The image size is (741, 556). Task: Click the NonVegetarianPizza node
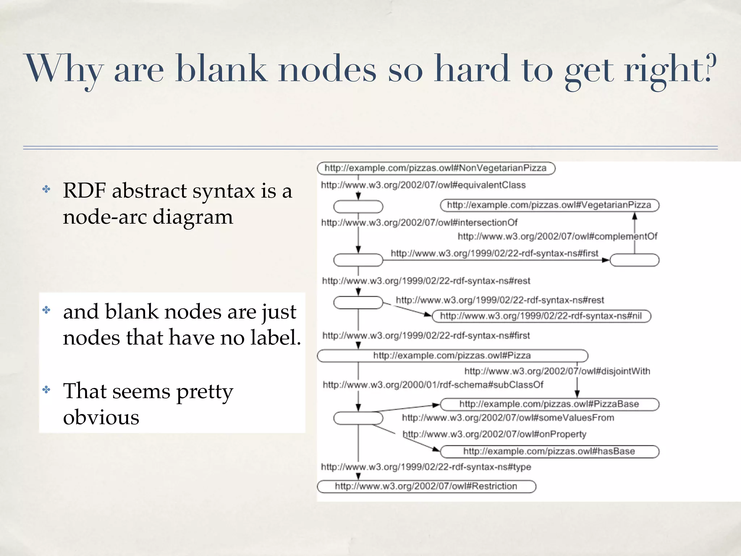436,168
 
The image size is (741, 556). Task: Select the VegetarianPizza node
549,205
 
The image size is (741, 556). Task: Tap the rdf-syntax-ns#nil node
541,316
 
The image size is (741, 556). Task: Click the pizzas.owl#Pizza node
452,355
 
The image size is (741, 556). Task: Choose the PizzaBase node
549,404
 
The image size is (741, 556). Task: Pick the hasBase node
549,451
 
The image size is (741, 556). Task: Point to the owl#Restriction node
426,486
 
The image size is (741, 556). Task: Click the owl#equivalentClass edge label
423,185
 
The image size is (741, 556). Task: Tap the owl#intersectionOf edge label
419,222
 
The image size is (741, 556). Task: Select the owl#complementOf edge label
557,236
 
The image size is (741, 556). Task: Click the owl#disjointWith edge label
557,371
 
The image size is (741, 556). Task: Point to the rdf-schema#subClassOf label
433,384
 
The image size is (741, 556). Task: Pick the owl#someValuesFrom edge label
508,418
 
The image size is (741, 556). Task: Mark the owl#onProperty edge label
494,434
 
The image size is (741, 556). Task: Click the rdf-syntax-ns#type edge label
426,467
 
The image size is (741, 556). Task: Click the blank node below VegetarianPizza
634,260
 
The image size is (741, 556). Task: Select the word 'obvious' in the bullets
101,417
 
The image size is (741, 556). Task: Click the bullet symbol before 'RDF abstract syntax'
46,189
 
